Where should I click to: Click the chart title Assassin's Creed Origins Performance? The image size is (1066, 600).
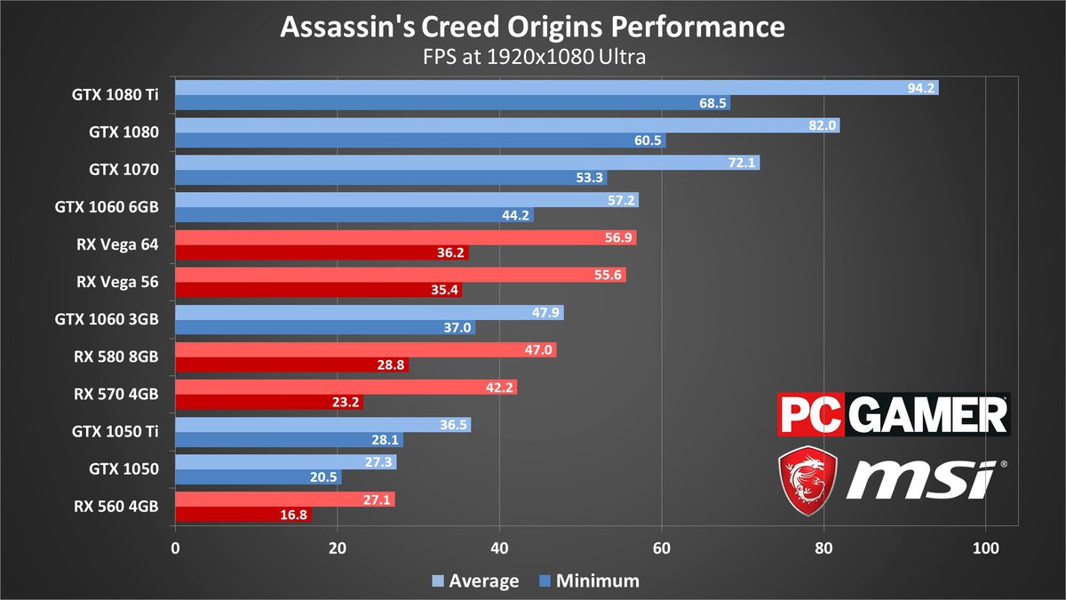(x=532, y=27)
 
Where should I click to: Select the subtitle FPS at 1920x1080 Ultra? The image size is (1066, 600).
(x=532, y=58)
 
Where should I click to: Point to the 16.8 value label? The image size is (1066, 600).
(x=295, y=514)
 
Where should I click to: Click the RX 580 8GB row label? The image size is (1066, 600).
(x=117, y=356)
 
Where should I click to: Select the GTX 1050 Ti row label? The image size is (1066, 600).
(x=115, y=432)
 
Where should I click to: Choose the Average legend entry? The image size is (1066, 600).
(x=475, y=581)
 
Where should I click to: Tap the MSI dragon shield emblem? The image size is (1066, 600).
(x=807, y=481)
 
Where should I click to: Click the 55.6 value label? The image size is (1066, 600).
(x=610, y=276)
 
